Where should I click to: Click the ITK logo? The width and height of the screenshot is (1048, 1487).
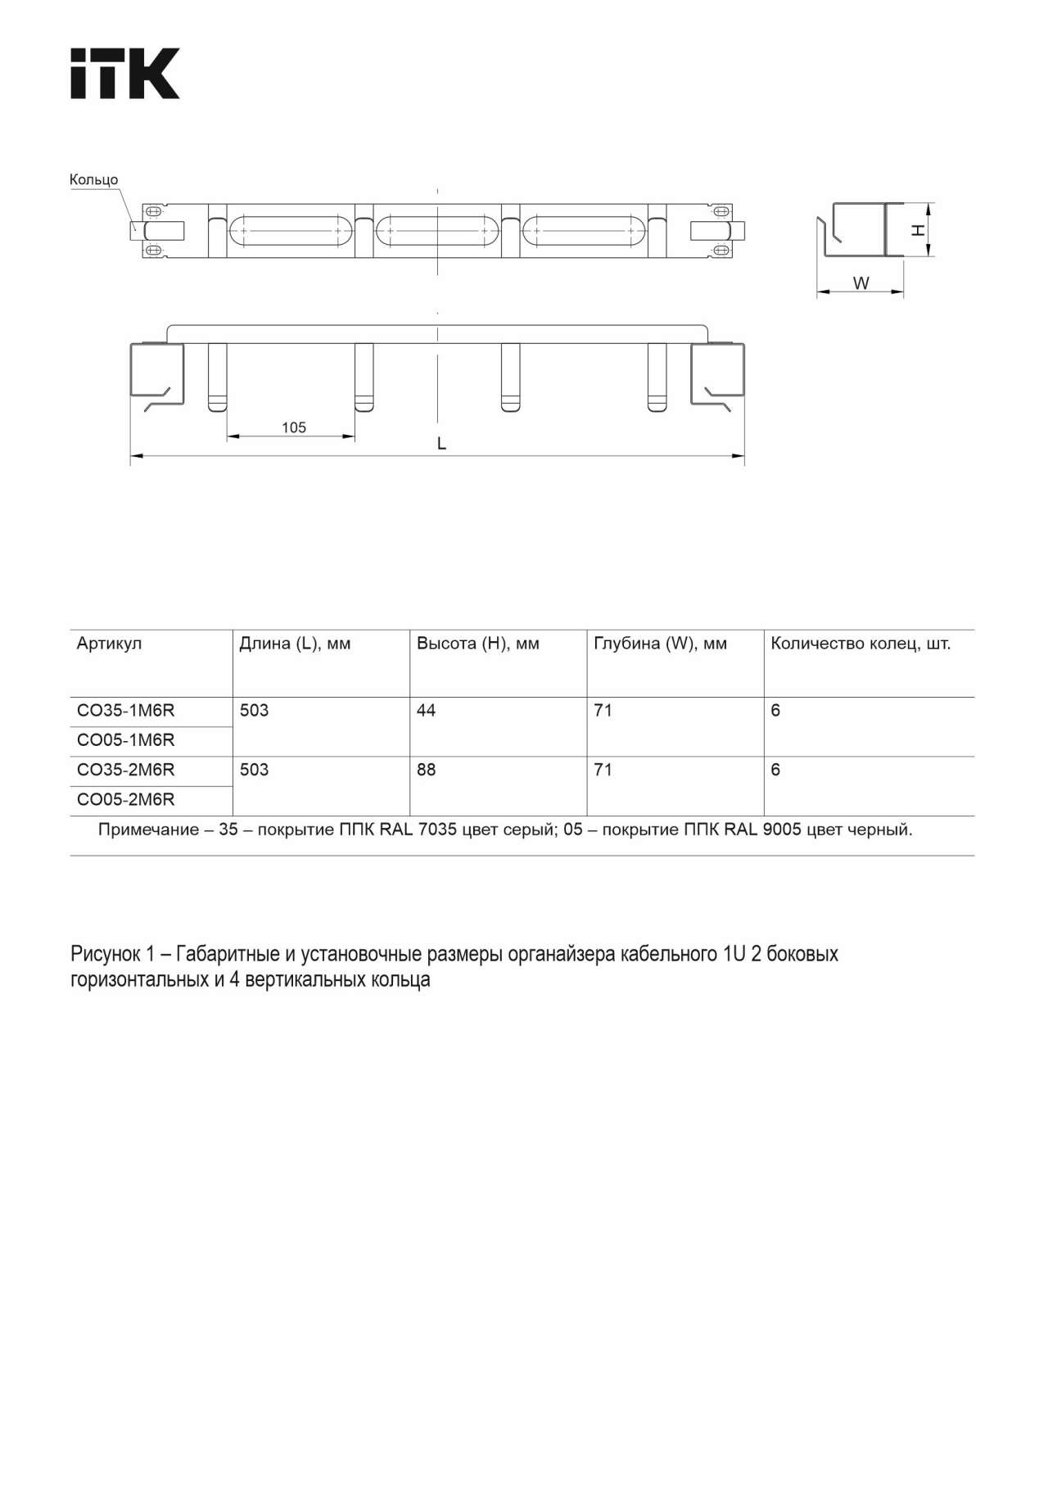coord(124,74)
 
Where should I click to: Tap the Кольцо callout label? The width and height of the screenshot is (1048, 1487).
coord(93,179)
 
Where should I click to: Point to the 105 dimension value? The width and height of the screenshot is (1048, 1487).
coord(293,427)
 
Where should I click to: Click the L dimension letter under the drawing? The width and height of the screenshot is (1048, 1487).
coord(441,444)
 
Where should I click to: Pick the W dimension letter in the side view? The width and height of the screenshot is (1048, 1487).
coord(861,283)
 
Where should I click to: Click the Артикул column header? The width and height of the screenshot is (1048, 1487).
coord(109,644)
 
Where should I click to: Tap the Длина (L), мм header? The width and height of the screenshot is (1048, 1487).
coord(295,644)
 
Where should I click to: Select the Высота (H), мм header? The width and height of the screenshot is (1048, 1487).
coord(477,644)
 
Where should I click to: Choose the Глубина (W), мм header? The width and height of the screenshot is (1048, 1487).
coord(660,644)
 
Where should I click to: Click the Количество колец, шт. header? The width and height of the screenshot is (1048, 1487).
coord(861,644)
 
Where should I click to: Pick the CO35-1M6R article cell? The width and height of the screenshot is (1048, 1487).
coord(125,711)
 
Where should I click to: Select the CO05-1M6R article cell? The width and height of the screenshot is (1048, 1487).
coord(125,740)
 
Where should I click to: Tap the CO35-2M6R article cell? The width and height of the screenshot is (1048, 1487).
coord(125,771)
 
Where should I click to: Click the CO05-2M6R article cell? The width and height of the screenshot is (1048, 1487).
coord(125,800)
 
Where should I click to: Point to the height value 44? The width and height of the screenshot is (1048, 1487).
coord(426,711)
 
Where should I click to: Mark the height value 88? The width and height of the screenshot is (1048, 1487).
coord(426,771)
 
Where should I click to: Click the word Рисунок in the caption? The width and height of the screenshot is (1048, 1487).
coord(106,954)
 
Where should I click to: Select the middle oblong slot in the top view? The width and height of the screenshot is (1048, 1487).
coord(438,231)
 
